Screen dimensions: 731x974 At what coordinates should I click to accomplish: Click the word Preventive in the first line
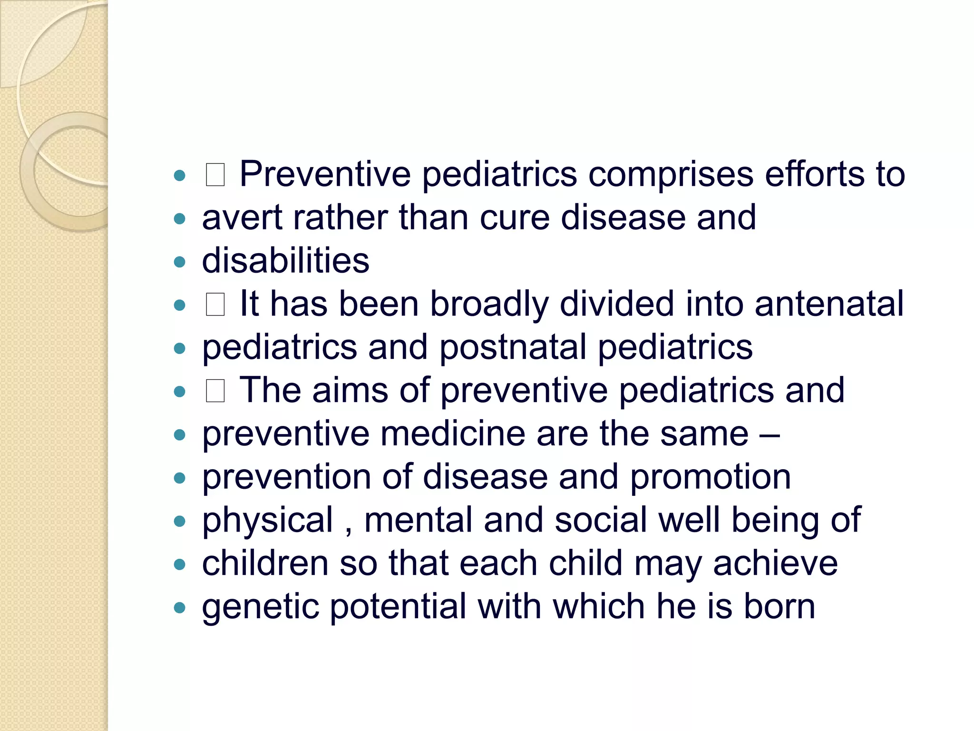coord(325,174)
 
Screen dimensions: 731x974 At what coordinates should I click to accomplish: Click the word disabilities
coord(285,261)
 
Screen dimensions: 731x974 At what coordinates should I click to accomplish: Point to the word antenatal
coord(828,304)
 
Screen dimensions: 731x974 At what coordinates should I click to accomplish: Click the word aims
coord(350,390)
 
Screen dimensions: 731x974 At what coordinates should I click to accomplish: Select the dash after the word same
coord(769,435)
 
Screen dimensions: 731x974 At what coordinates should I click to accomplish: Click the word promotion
coord(710,477)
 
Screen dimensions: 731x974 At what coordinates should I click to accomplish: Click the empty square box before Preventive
coord(215,175)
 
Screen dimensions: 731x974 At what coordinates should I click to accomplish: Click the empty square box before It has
coord(215,305)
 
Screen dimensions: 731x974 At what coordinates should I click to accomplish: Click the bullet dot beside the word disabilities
coord(179,262)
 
